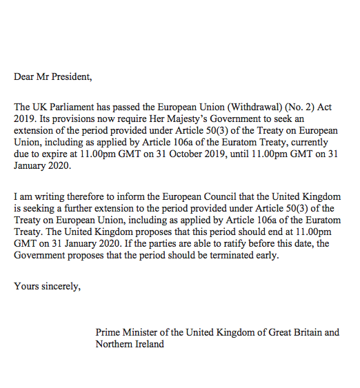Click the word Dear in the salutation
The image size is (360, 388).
(25, 76)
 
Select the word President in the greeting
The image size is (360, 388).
(72, 76)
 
